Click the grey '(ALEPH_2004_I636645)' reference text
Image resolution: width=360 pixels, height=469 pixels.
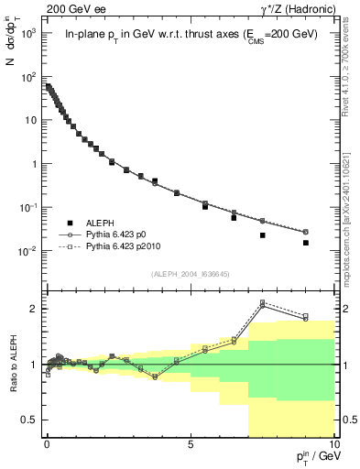189,273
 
